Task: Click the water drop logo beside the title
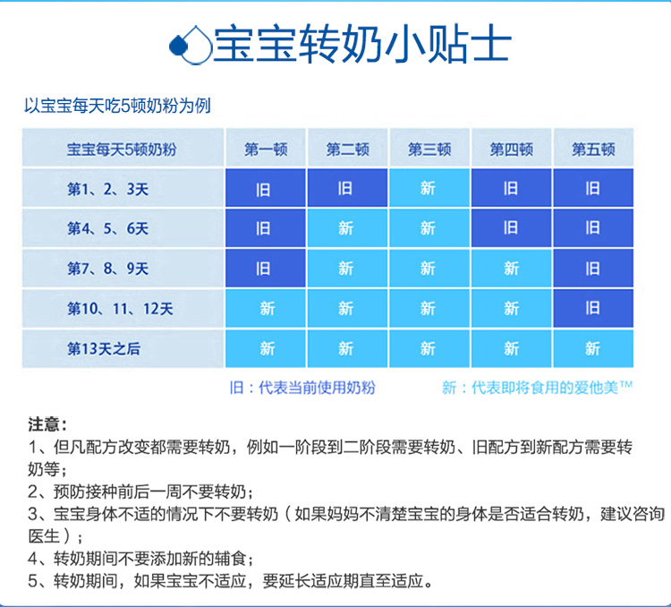(191, 45)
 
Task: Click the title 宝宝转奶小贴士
(362, 44)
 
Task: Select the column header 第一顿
(266, 150)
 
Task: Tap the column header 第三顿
(429, 150)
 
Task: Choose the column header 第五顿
(593, 150)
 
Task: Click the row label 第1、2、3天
(108, 189)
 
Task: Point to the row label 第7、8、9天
(108, 269)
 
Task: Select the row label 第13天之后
(104, 348)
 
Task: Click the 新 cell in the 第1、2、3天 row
(429, 188)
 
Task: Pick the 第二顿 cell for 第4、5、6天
(347, 228)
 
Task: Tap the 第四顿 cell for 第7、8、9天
(512, 269)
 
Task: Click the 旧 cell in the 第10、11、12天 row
(593, 308)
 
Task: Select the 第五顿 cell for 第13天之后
(593, 348)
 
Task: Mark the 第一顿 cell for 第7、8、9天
(266, 269)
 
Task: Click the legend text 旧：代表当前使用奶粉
(302, 388)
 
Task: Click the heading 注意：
(47, 424)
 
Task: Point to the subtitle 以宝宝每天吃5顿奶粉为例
(117, 106)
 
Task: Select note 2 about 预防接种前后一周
(140, 492)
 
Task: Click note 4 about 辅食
(140, 558)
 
